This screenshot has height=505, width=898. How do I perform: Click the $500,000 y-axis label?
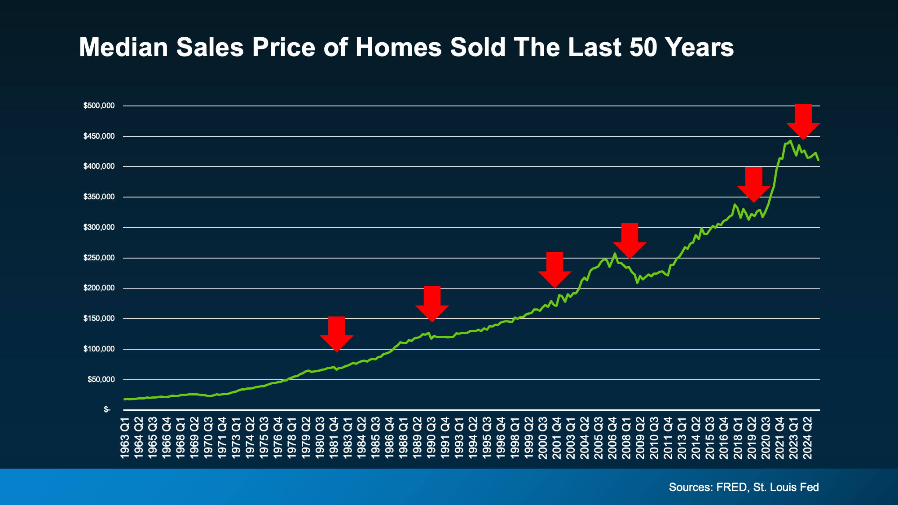pyautogui.click(x=99, y=106)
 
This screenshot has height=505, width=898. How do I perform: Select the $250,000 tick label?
pyautogui.click(x=99, y=258)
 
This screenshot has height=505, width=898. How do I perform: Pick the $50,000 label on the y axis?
pyautogui.click(x=101, y=380)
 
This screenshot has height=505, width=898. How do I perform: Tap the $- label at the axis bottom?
pyautogui.click(x=107, y=410)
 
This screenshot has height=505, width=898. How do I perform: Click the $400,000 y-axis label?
pyautogui.click(x=99, y=167)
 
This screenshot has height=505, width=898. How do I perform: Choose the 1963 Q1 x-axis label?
pyautogui.click(x=125, y=438)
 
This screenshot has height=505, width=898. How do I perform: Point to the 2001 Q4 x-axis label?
pyautogui.click(x=557, y=438)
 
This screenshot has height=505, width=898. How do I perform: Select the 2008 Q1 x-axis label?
pyautogui.click(x=626, y=438)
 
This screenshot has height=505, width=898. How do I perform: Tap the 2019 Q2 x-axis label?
pyautogui.click(x=752, y=438)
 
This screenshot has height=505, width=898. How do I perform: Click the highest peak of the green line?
pyautogui.click(x=790, y=141)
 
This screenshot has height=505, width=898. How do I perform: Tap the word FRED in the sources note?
pyautogui.click(x=732, y=487)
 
